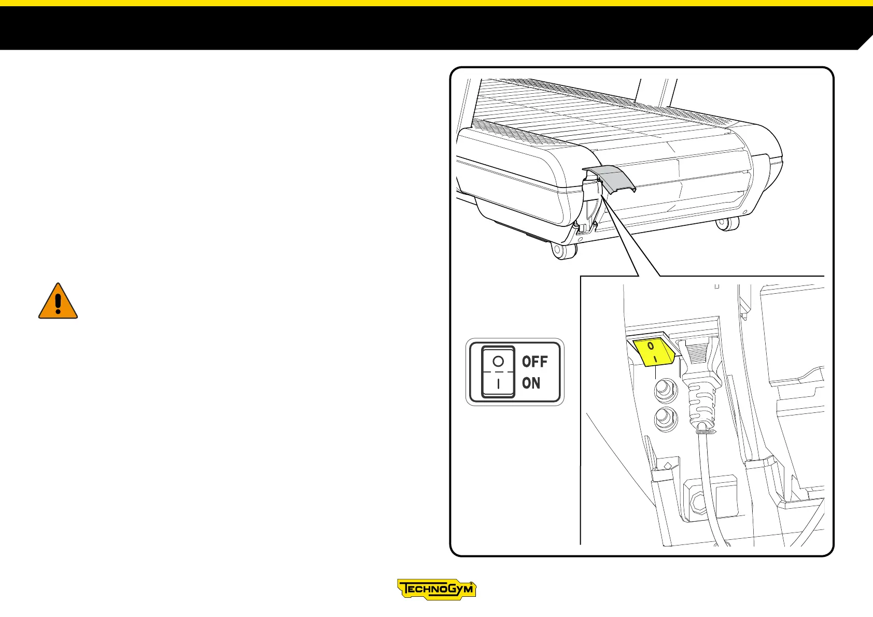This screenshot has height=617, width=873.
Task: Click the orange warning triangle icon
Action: click(58, 302)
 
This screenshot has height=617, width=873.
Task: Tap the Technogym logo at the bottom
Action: click(436, 590)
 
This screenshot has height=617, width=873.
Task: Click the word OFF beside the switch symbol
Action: click(534, 361)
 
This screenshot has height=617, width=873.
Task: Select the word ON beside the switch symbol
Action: click(531, 383)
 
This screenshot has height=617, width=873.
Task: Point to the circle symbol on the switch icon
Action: click(498, 361)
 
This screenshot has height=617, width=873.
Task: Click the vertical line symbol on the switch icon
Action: click(498, 384)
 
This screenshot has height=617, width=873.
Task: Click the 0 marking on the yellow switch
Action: click(651, 345)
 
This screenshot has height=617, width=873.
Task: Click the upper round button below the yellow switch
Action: click(665, 390)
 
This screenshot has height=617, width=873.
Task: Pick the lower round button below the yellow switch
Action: click(665, 418)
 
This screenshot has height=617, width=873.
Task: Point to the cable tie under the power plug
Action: click(705, 431)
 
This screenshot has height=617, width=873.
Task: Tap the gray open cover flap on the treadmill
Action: click(612, 179)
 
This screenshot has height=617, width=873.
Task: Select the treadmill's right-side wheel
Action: click(726, 224)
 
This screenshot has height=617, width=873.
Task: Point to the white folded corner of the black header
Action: click(866, 44)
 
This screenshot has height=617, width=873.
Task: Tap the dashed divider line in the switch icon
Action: click(498, 372)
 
